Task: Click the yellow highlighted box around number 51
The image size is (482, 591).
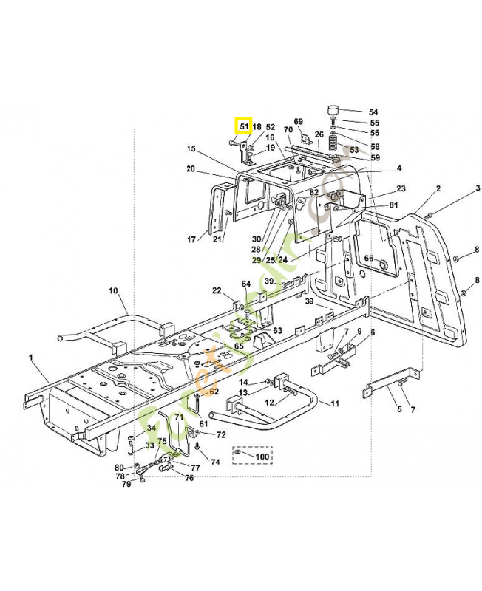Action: tap(243, 126)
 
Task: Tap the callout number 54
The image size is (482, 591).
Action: tap(373, 111)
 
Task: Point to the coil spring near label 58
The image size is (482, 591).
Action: tap(334, 141)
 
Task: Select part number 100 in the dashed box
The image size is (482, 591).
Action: tap(262, 457)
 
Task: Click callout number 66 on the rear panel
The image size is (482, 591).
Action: tap(368, 258)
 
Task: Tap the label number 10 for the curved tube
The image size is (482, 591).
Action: tap(114, 290)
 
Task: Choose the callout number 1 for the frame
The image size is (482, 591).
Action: tap(32, 358)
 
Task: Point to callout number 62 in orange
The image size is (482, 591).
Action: tap(214, 392)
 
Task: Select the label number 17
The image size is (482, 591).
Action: tap(191, 239)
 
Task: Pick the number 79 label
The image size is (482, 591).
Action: tap(126, 485)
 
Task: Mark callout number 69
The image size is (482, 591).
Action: tap(299, 122)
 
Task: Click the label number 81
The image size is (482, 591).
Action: tap(393, 205)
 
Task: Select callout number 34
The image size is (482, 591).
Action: tap(152, 428)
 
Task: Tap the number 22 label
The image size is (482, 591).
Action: tap(217, 290)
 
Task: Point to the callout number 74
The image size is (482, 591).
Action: tap(215, 462)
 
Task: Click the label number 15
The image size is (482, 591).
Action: tap(191, 149)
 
